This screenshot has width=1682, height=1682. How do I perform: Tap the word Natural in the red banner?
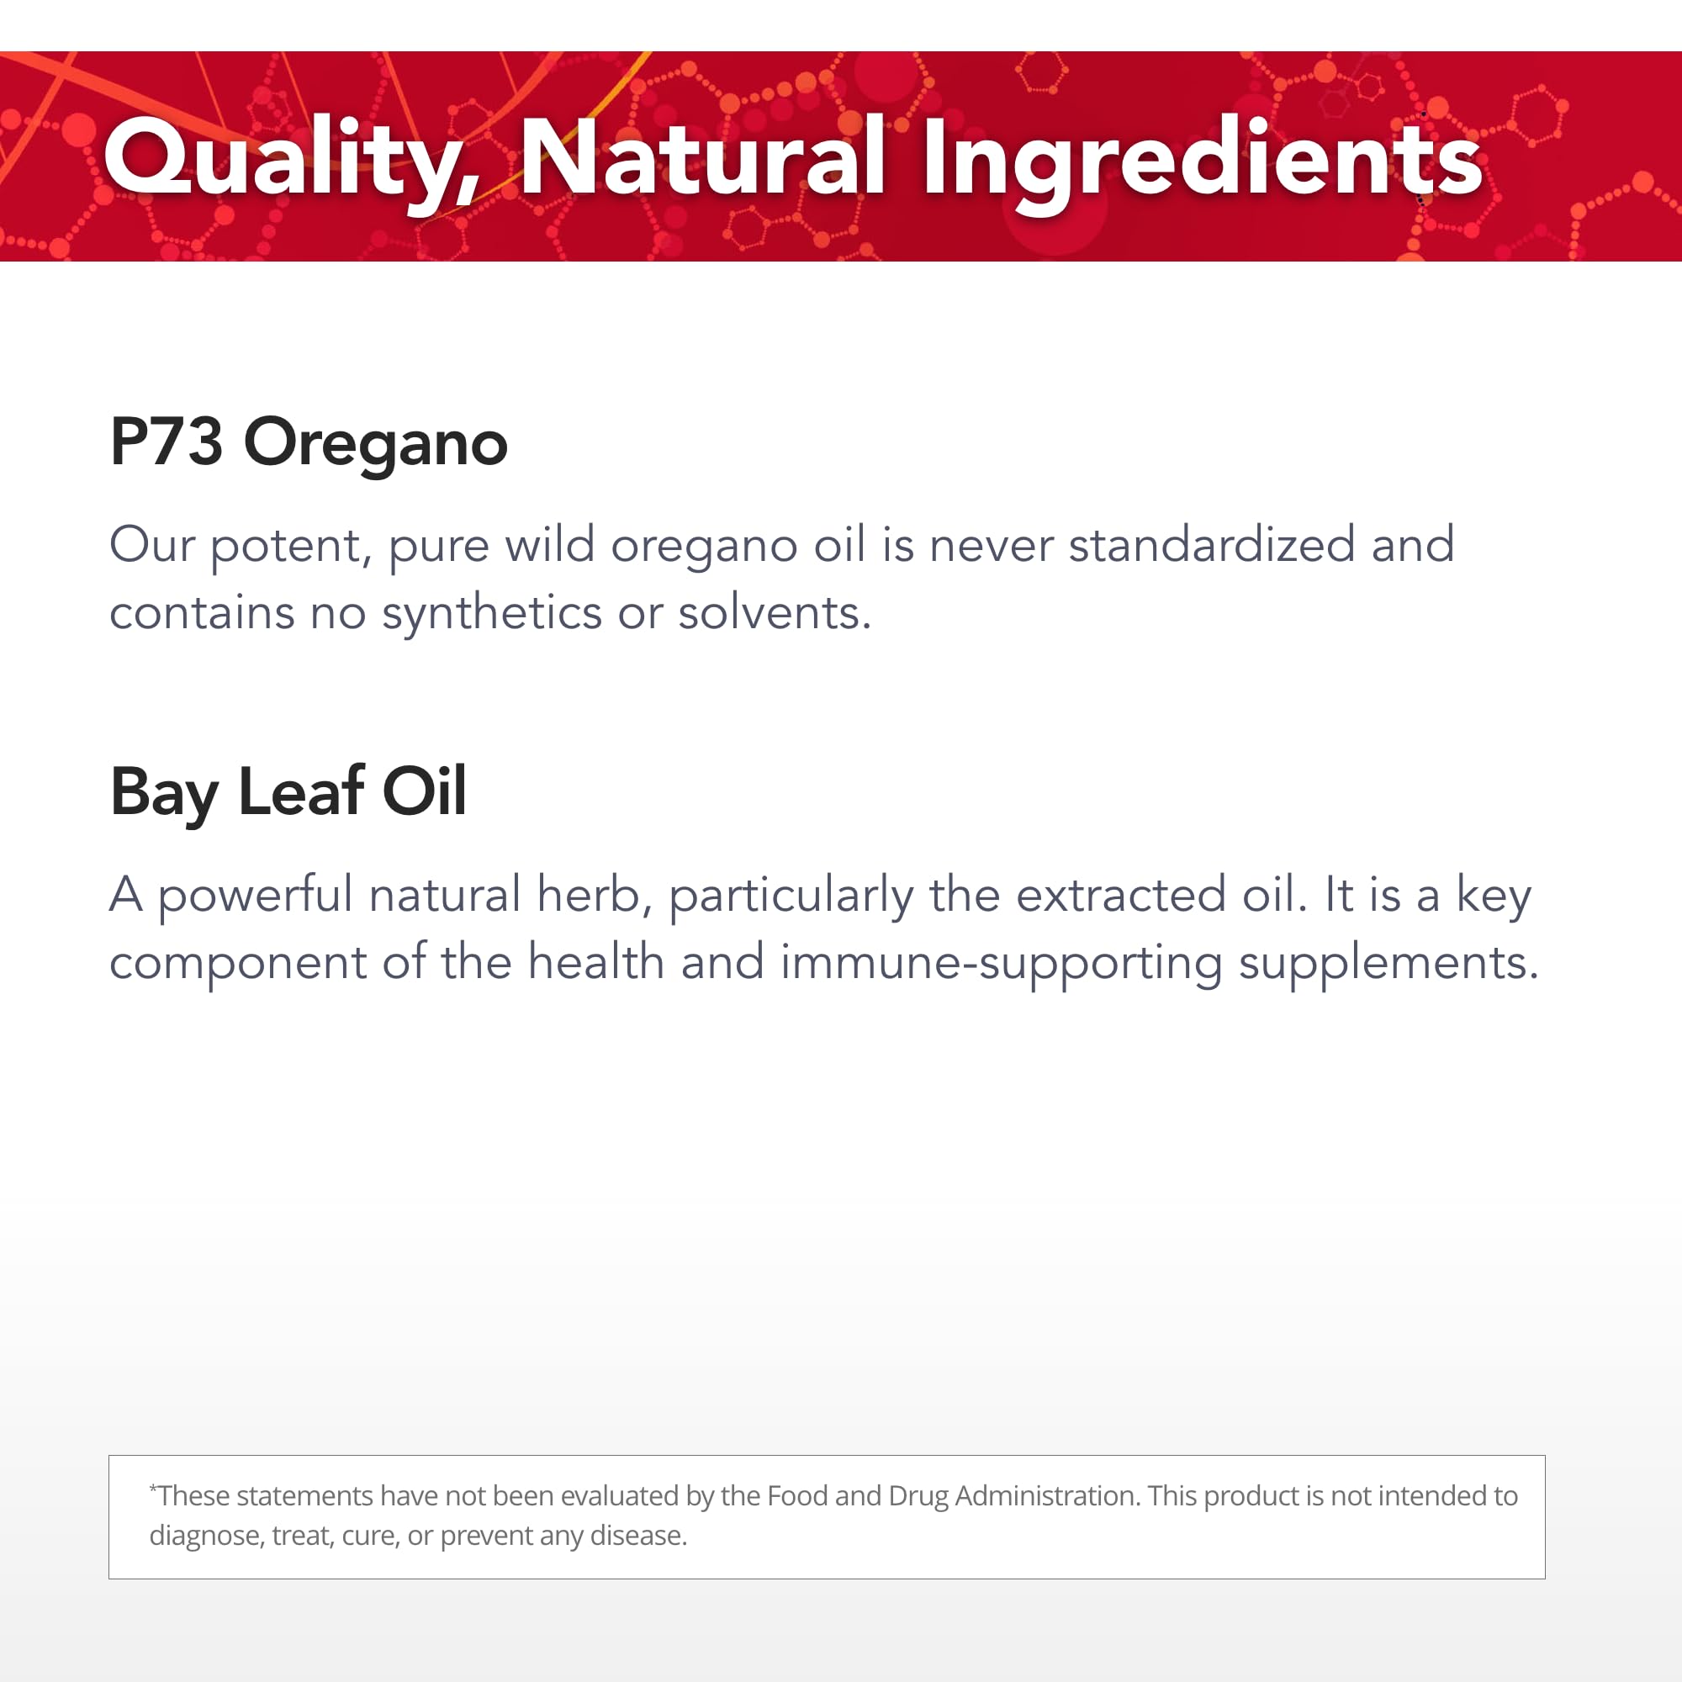702,156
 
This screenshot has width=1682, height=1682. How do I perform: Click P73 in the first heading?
167,442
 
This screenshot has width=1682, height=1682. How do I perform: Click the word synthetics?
492,614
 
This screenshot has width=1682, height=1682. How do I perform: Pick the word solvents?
774,613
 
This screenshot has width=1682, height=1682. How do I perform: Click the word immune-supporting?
1001,965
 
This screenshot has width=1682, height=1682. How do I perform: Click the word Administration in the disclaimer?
1047,1495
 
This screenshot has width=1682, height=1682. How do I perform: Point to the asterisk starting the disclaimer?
153,1486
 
